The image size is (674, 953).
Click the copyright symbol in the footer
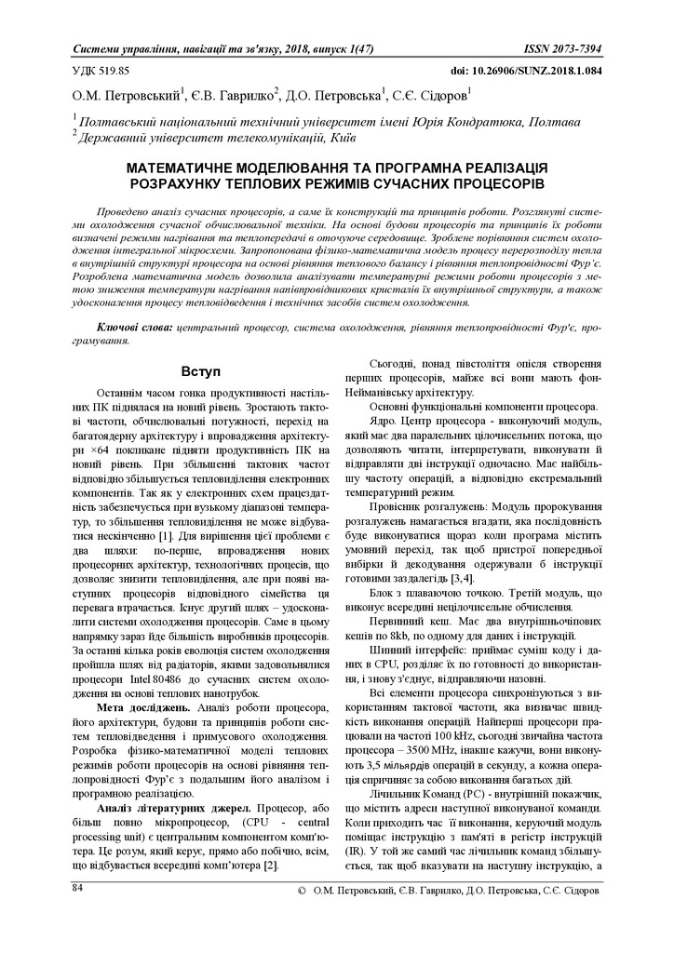301,891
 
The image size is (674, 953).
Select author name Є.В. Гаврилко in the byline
235,95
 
